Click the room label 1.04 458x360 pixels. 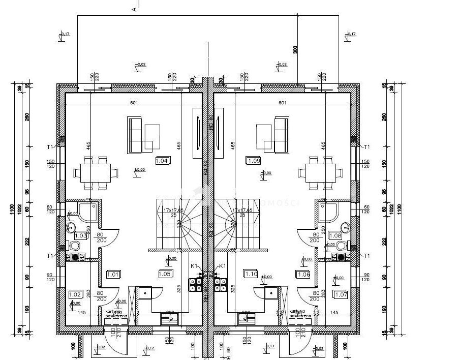coord(162,161)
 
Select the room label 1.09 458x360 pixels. coord(254,161)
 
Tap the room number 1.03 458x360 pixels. coord(81,235)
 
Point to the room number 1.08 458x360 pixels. coord(335,235)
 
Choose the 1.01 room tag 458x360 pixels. coord(113,275)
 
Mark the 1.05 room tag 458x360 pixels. coord(164,275)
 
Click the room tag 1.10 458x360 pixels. coord(252,275)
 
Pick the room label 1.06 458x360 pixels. coord(303,275)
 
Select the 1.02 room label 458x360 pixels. coord(75,294)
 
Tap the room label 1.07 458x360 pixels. coord(341,294)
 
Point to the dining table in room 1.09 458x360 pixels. coord(322,172)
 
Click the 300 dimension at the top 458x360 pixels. coord(295,49)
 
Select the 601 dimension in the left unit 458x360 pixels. coord(134,103)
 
